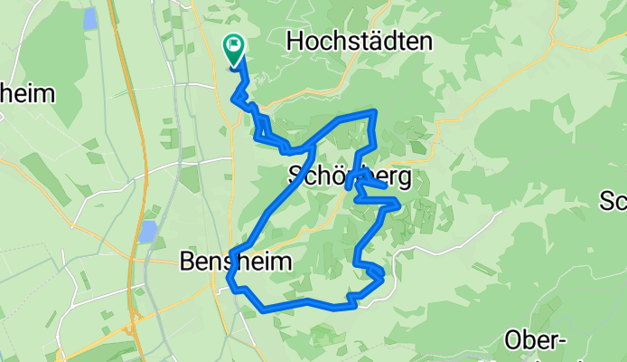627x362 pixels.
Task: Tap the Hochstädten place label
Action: [359, 41]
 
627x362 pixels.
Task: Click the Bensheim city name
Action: [237, 262]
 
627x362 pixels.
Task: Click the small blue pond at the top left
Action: [90, 18]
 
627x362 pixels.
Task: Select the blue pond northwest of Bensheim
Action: [148, 231]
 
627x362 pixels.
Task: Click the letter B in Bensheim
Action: [188, 262]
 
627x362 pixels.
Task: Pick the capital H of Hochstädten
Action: [295, 41]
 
